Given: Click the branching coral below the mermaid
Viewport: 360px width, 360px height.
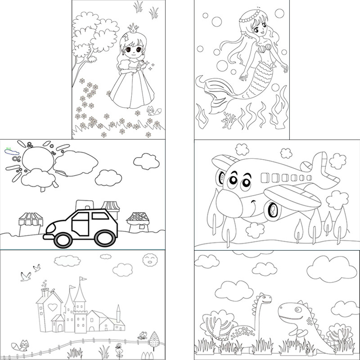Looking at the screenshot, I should point(229,119).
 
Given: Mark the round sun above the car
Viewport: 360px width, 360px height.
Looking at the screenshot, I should point(38,160).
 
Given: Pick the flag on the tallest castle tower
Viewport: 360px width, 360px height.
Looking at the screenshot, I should point(82,279).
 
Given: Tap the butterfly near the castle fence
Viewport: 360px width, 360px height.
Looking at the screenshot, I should point(142,334).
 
